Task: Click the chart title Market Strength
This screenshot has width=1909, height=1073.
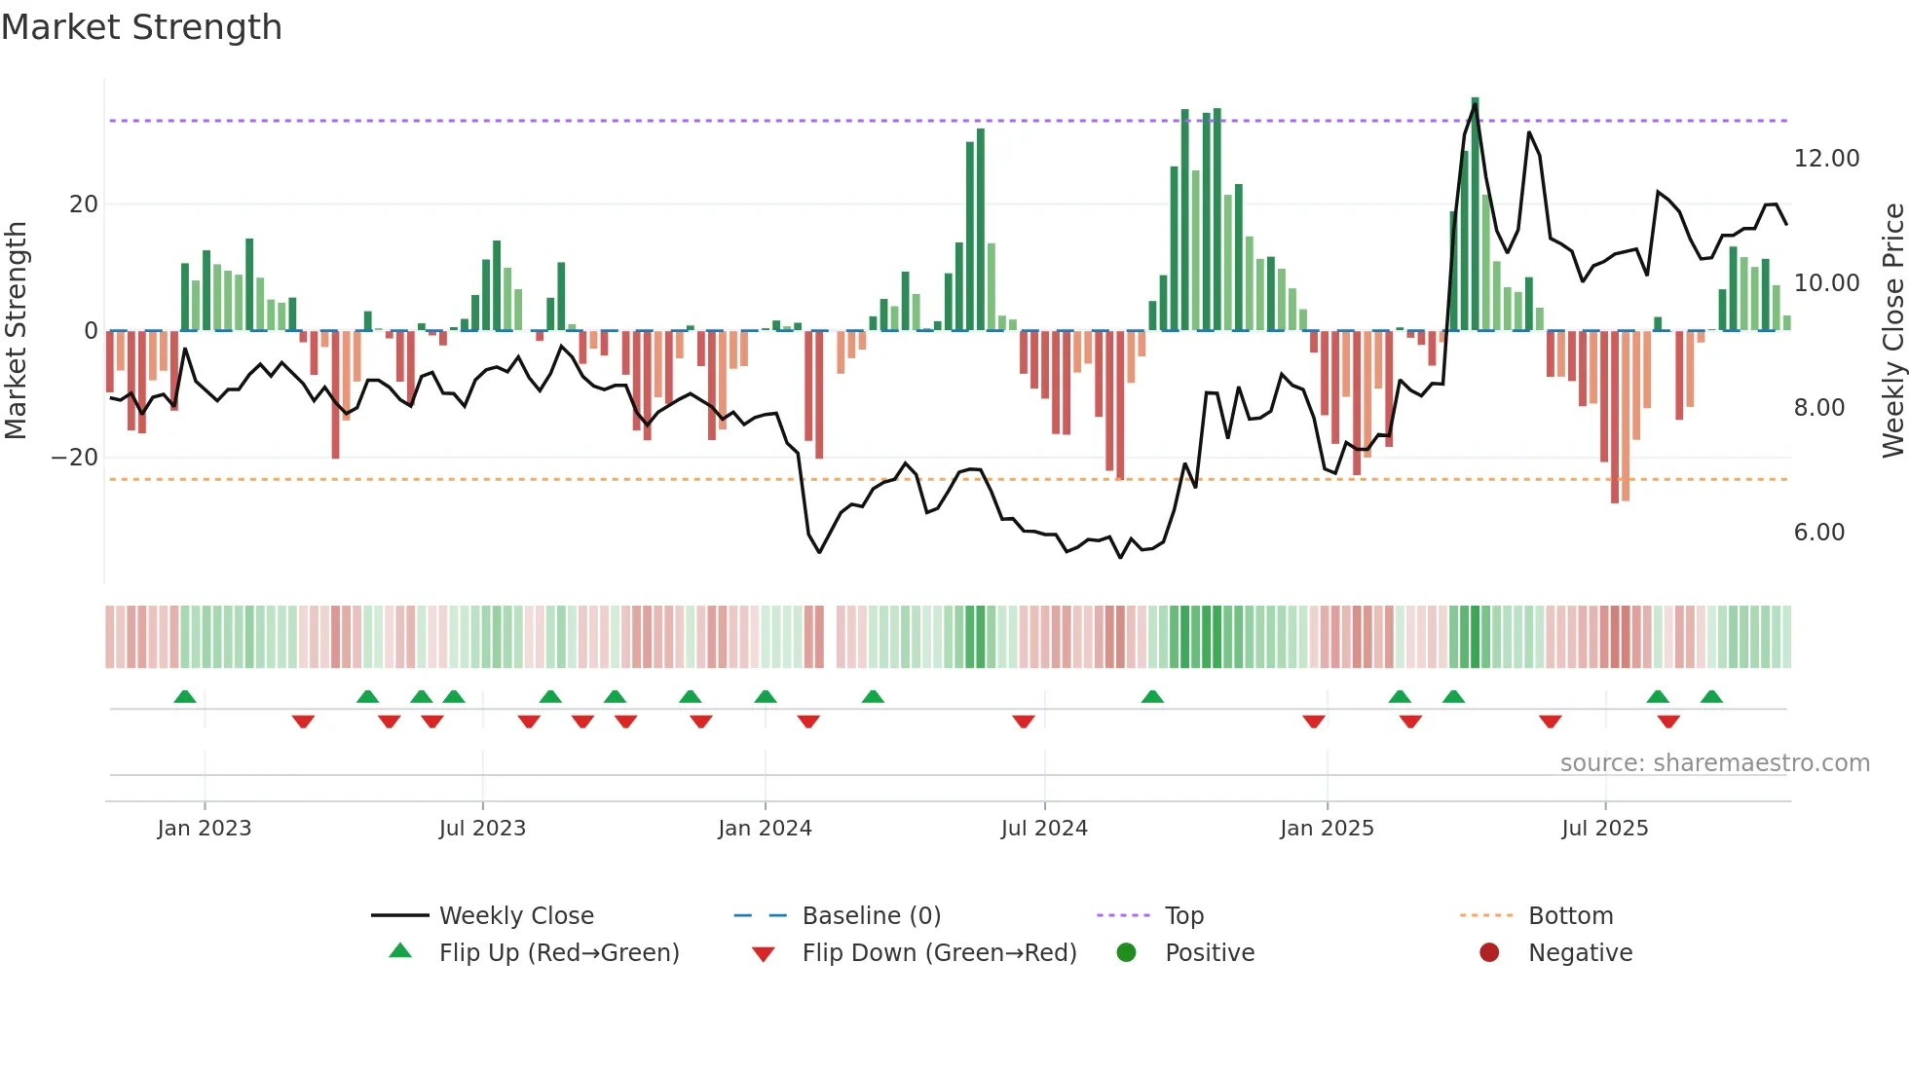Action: click(x=141, y=27)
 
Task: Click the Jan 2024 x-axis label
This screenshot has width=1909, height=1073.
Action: click(x=765, y=829)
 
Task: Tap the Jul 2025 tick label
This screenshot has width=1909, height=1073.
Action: click(x=1604, y=829)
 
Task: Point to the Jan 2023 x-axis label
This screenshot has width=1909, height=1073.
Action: click(x=205, y=829)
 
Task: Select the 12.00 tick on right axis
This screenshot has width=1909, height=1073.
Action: click(x=1826, y=159)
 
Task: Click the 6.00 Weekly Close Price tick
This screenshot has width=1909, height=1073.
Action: click(x=1818, y=533)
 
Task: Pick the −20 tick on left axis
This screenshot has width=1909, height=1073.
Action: click(x=74, y=458)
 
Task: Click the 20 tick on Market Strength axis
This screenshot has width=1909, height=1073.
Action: click(x=84, y=204)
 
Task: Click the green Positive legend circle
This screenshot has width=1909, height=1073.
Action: click(x=1126, y=952)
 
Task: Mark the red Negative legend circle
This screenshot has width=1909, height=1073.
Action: click(x=1489, y=952)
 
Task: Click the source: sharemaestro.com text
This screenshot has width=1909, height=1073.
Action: click(x=1714, y=763)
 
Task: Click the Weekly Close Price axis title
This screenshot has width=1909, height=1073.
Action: click(x=1892, y=331)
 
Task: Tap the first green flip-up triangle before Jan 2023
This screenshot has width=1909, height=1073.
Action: click(x=185, y=696)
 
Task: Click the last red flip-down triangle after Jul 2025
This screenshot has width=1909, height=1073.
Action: click(x=1668, y=721)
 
